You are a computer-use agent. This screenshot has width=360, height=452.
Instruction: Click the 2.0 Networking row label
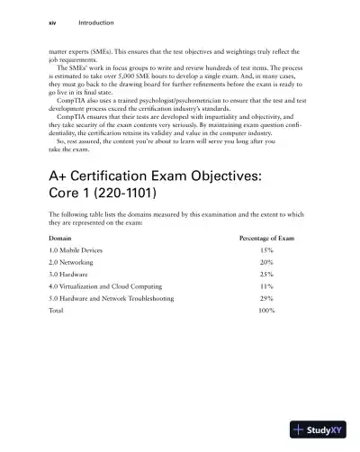(76, 265)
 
